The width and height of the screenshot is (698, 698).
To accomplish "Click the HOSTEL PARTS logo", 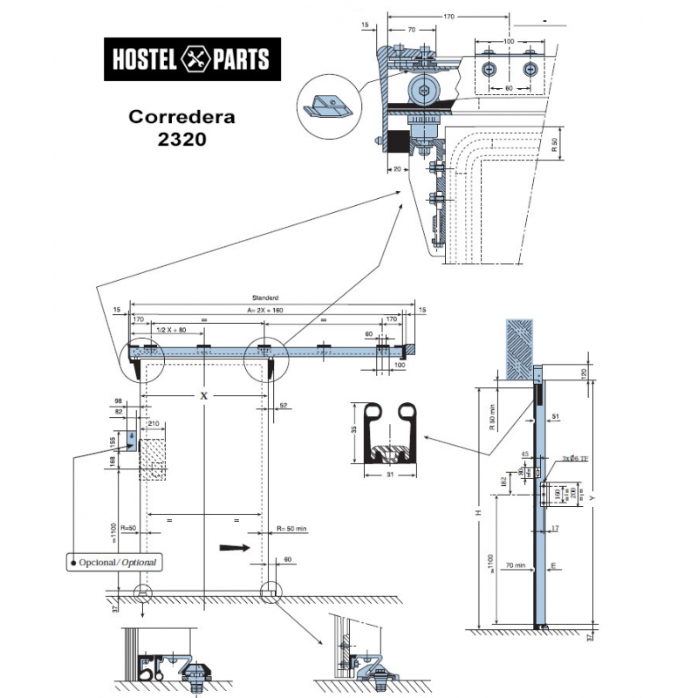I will pos(193,59).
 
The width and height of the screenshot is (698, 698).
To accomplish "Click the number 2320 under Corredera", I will pos(182,140).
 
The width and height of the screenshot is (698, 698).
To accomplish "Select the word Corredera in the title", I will pos(182,116).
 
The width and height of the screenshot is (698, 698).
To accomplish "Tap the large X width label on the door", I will pos(204,396).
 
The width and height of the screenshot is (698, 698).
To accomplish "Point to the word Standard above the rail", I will pos(264,298).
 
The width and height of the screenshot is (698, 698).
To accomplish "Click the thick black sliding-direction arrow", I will pos(234,548).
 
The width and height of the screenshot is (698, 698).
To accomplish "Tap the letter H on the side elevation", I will pos(478,513).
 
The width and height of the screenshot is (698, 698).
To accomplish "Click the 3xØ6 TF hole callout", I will pos(576,458).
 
